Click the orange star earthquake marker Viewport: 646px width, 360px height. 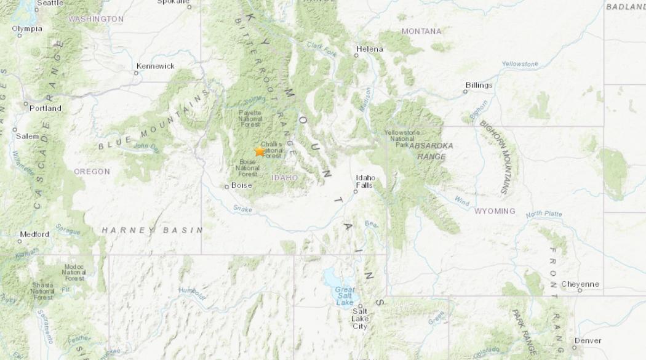coord(260,151)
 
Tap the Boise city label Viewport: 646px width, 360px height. coord(241,185)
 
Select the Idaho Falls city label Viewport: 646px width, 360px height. coord(364,181)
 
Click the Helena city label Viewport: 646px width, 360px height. coord(370,49)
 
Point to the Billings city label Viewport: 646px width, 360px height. coord(479,85)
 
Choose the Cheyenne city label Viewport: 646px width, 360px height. coord(580,284)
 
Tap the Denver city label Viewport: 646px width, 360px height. coord(588,340)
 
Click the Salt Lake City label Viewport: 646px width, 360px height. coord(360,319)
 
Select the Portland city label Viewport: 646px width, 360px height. coord(46,108)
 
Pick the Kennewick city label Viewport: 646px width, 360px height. coord(156,66)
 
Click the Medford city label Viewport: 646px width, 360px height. coord(34,234)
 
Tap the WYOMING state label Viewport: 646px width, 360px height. coord(495,211)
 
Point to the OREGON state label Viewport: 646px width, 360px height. coord(92,172)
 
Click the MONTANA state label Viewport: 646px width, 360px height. coord(421,31)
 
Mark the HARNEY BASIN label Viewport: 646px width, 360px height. coord(152,230)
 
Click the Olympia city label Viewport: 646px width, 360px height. coord(27,29)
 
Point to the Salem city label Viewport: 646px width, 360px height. coord(27,137)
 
